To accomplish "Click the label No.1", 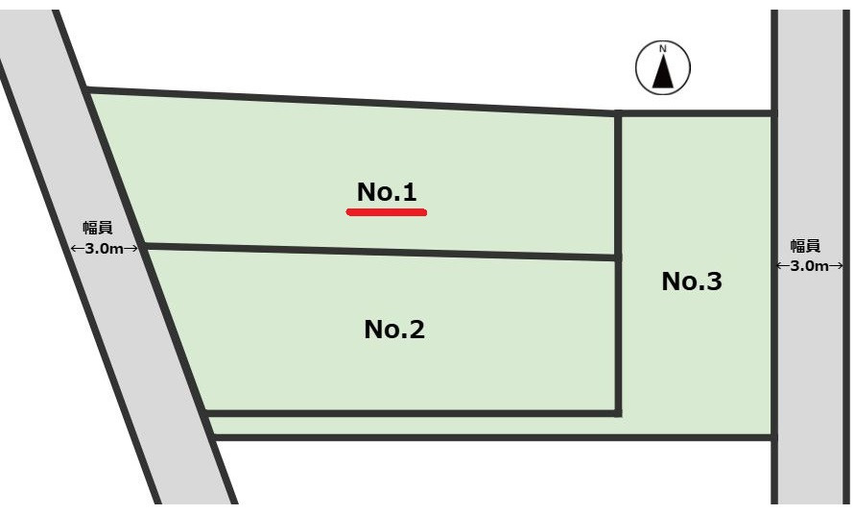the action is point(387,191).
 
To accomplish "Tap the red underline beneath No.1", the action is point(387,212).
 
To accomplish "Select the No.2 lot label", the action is point(394,329).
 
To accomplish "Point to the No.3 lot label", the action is point(692,281).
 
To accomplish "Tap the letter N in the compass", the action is point(663,49).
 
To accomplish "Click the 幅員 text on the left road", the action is point(98,228).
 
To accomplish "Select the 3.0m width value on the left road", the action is point(105,249).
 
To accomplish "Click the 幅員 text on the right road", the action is point(805,246).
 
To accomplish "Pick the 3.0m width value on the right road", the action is point(809,266).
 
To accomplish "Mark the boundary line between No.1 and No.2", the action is point(381,252).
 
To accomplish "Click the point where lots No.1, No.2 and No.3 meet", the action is point(618,257).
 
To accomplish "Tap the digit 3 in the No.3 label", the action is point(714,281).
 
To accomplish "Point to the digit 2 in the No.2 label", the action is point(416,329).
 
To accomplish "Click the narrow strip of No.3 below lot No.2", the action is point(490,426).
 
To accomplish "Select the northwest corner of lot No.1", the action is point(87,90).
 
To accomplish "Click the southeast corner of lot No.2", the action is point(618,413).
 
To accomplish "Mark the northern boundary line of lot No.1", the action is point(352,102).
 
